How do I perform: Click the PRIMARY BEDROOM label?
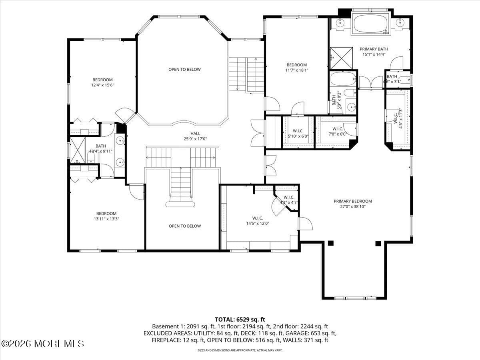[353, 201]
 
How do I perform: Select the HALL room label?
[195, 134]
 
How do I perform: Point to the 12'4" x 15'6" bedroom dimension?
[102, 85]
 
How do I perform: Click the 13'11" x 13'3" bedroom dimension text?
[106, 219]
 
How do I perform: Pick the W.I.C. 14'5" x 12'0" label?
[258, 221]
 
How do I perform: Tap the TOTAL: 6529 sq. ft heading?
[240, 319]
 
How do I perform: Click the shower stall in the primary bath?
[341, 58]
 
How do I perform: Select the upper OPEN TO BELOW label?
[184, 70]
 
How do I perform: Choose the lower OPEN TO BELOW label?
[184, 226]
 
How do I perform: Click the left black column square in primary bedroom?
[330, 243]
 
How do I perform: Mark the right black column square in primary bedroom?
[378, 243]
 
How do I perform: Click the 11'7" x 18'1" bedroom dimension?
[296, 70]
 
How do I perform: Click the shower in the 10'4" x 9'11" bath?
[78, 150]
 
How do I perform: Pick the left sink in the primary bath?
[340, 23]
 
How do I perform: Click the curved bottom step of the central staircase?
[180, 204]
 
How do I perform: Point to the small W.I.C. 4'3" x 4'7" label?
[289, 200]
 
